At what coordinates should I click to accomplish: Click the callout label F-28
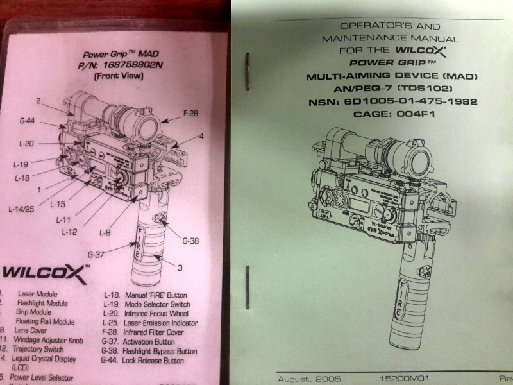[x=191, y=114]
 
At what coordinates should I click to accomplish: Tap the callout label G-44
[x=27, y=120]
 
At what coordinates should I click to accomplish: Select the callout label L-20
[x=26, y=144]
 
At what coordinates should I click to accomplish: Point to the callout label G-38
[x=190, y=241]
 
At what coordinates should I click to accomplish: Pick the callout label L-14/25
[x=21, y=209]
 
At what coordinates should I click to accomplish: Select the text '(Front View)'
[x=119, y=76]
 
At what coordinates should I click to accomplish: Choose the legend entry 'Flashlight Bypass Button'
[x=157, y=351]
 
